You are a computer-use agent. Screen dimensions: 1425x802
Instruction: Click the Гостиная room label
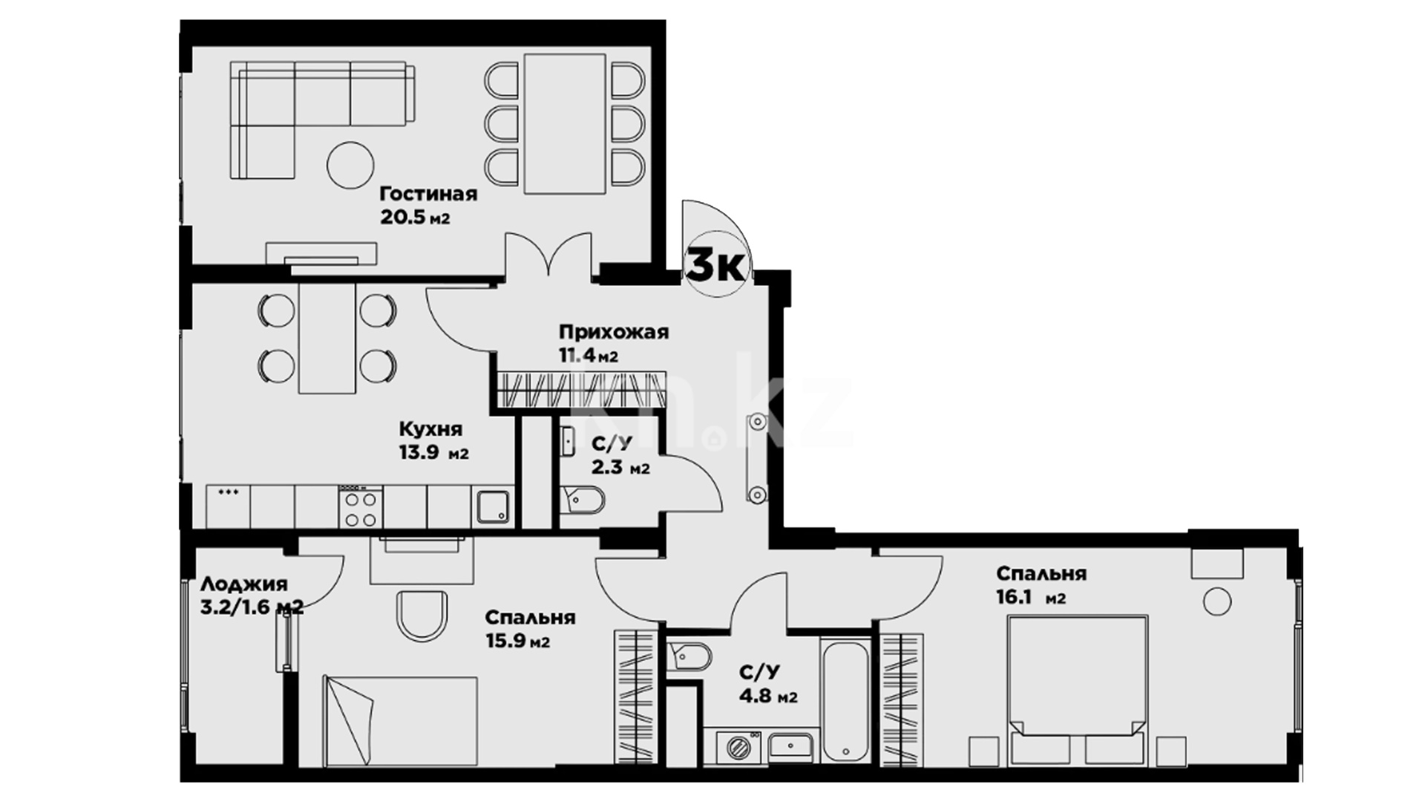428,195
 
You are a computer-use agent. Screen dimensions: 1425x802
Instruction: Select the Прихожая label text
614,332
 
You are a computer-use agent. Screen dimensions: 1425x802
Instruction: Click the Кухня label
430,429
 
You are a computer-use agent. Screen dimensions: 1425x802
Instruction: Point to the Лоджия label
244,584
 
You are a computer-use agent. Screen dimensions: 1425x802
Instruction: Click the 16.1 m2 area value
1031,597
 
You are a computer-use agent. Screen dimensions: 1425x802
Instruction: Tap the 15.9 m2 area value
518,641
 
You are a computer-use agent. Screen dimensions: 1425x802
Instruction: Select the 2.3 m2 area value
620,468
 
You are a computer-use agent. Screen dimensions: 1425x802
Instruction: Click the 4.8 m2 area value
768,697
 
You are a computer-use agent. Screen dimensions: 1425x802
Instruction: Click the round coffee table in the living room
350,165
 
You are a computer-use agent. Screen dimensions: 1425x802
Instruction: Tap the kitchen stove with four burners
361,506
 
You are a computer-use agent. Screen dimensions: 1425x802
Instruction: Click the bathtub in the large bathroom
845,701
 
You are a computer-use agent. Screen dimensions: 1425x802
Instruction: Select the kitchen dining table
327,339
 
